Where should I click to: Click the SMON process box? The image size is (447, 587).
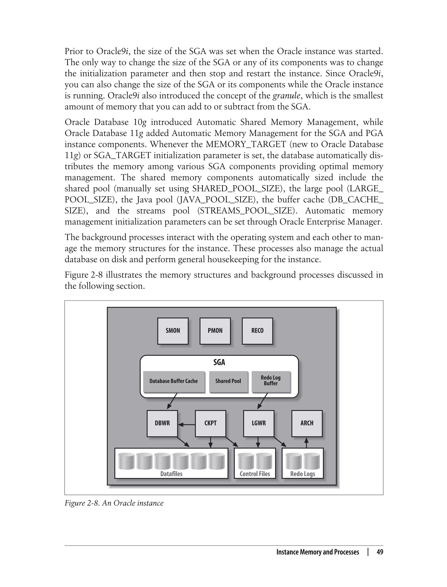[173, 331]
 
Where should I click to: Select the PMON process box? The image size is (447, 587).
[215, 331]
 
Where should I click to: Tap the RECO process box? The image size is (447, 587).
[257, 331]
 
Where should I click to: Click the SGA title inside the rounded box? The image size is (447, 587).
[219, 362]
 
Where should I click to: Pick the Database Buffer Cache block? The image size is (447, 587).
[174, 381]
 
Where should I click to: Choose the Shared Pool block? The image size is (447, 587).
[228, 381]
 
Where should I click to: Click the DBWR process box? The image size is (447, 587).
[162, 423]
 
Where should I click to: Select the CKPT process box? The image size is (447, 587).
[210, 423]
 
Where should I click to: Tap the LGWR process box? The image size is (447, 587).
[259, 423]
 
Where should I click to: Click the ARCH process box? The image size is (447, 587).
[307, 423]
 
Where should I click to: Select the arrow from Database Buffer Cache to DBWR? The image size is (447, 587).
[172, 401]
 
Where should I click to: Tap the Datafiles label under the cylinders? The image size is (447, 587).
[171, 474]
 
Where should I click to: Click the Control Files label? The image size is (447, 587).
[255, 474]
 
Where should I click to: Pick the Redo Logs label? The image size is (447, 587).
[303, 474]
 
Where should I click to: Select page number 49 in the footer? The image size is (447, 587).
[380, 552]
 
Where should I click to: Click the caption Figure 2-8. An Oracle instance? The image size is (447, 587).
[114, 503]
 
